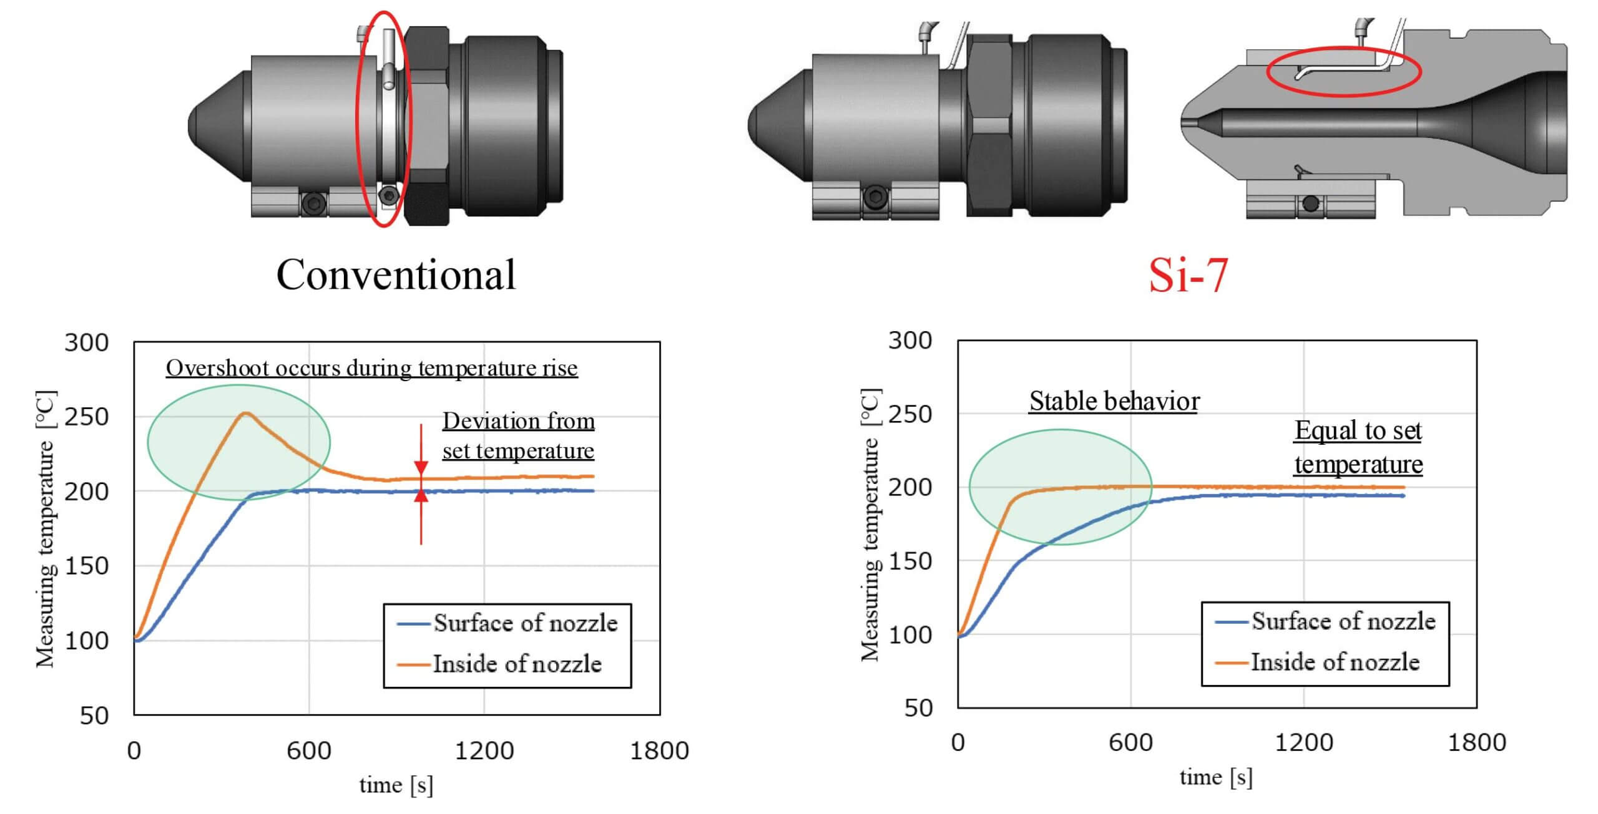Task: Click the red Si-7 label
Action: (1188, 275)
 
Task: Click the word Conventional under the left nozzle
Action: (396, 274)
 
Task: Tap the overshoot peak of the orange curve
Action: (246, 413)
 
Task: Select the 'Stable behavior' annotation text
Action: (1114, 401)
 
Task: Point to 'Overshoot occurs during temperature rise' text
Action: (371, 368)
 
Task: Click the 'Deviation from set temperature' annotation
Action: (518, 435)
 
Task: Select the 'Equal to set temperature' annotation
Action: (1358, 447)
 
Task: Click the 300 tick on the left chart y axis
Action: (87, 342)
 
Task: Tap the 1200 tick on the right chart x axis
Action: (1304, 742)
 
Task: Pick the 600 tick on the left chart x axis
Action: (309, 750)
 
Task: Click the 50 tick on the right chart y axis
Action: (918, 708)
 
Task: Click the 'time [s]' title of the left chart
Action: (396, 785)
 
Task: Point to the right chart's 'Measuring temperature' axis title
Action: (870, 524)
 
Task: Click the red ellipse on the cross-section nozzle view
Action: (1343, 72)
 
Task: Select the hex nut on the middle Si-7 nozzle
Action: (990, 125)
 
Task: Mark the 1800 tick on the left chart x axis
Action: (659, 750)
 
